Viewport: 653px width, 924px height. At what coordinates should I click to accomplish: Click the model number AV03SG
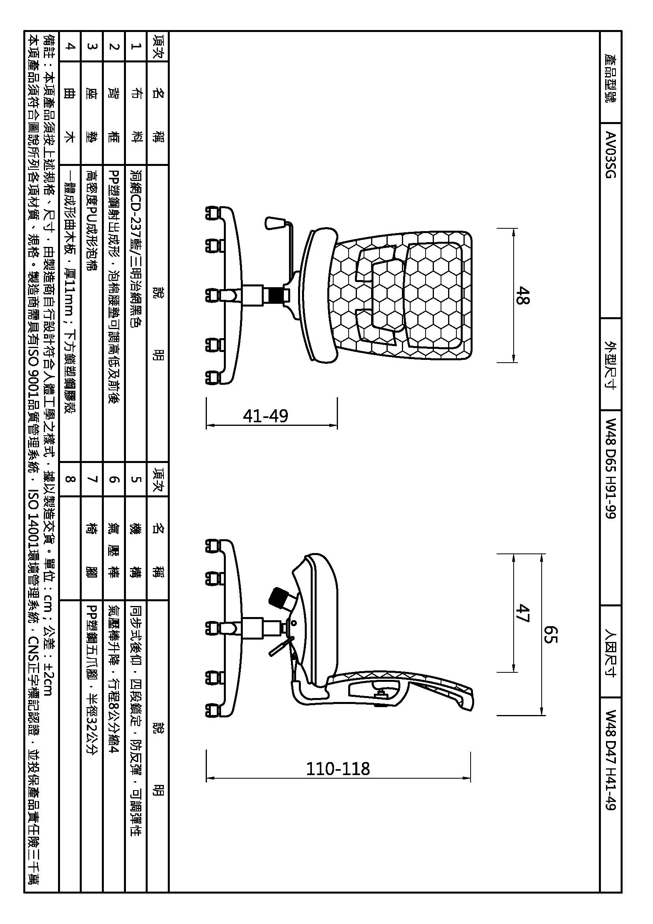(x=610, y=155)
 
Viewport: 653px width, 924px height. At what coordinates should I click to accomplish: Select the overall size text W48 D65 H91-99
(x=610, y=469)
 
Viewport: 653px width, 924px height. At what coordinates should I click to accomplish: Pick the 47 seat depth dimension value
(x=523, y=613)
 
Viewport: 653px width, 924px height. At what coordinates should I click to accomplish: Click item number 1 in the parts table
(x=136, y=46)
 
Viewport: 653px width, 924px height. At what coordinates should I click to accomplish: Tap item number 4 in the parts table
(x=70, y=46)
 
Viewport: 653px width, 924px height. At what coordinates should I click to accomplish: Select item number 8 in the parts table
(x=70, y=479)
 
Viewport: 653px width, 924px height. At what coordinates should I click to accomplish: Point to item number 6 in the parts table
(x=114, y=479)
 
